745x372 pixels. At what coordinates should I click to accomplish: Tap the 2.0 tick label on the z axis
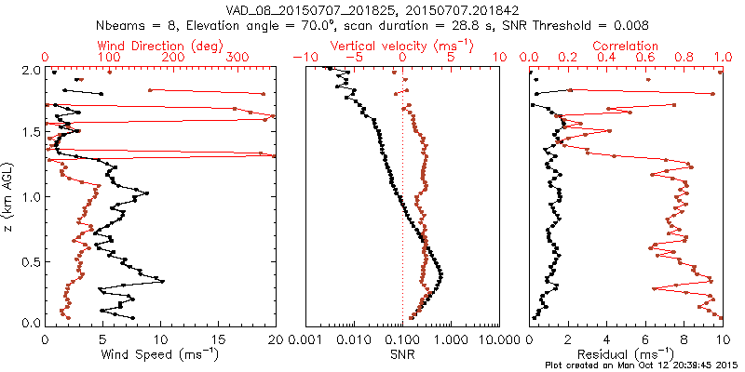click(31, 70)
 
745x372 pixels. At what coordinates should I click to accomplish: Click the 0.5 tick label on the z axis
click(31, 260)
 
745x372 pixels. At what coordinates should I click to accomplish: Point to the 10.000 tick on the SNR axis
click(494, 339)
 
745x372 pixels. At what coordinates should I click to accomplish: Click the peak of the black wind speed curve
click(163, 281)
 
